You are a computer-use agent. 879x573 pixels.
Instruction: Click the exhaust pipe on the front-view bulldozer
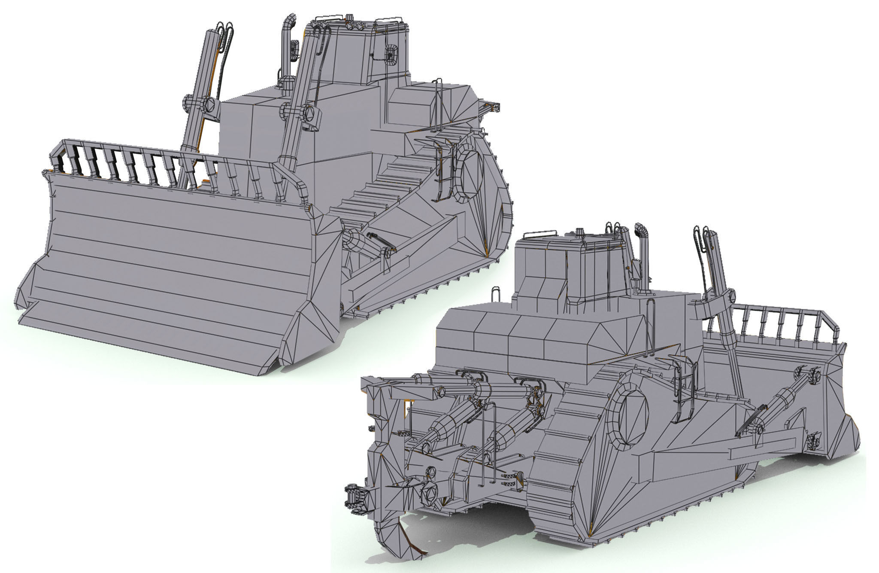point(286,43)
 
